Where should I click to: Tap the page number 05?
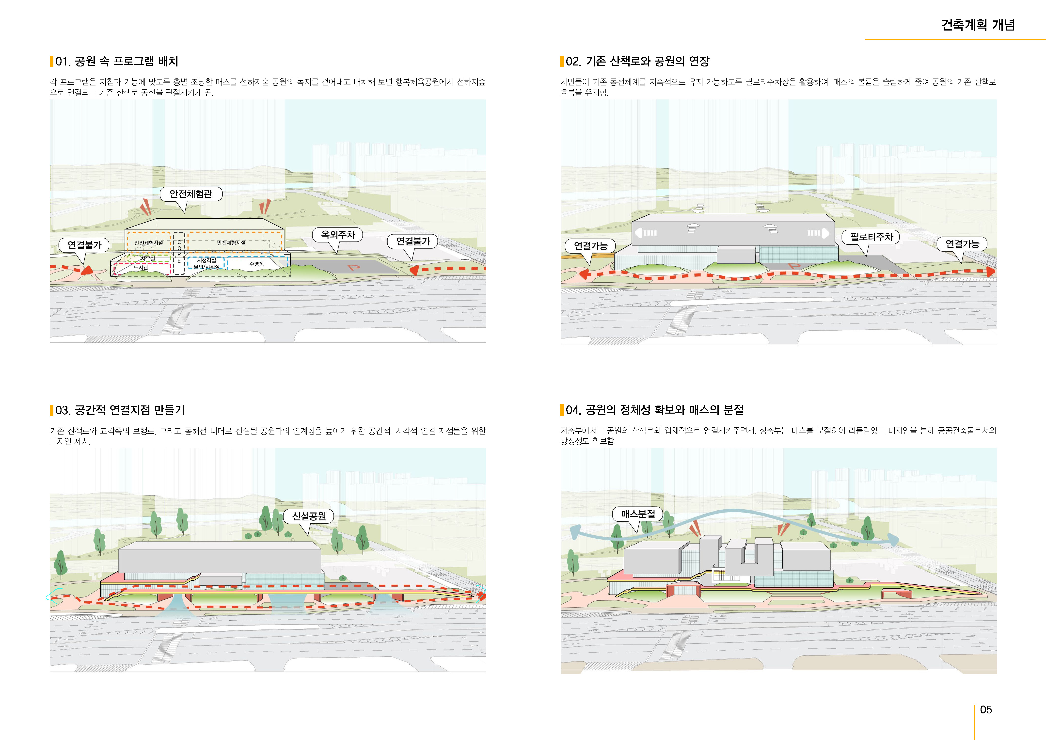point(985,709)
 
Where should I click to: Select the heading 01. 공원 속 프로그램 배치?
point(117,62)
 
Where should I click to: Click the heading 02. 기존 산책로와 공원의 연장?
point(637,62)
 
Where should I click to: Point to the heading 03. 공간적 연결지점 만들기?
point(120,410)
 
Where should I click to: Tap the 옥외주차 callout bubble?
point(338,235)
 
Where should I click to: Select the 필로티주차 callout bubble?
point(872,237)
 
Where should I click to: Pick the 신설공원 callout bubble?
point(309,516)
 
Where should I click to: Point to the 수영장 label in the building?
point(256,264)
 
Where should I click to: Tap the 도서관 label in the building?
point(141,268)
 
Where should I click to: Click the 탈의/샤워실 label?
point(206,267)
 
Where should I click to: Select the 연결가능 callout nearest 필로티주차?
point(962,244)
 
